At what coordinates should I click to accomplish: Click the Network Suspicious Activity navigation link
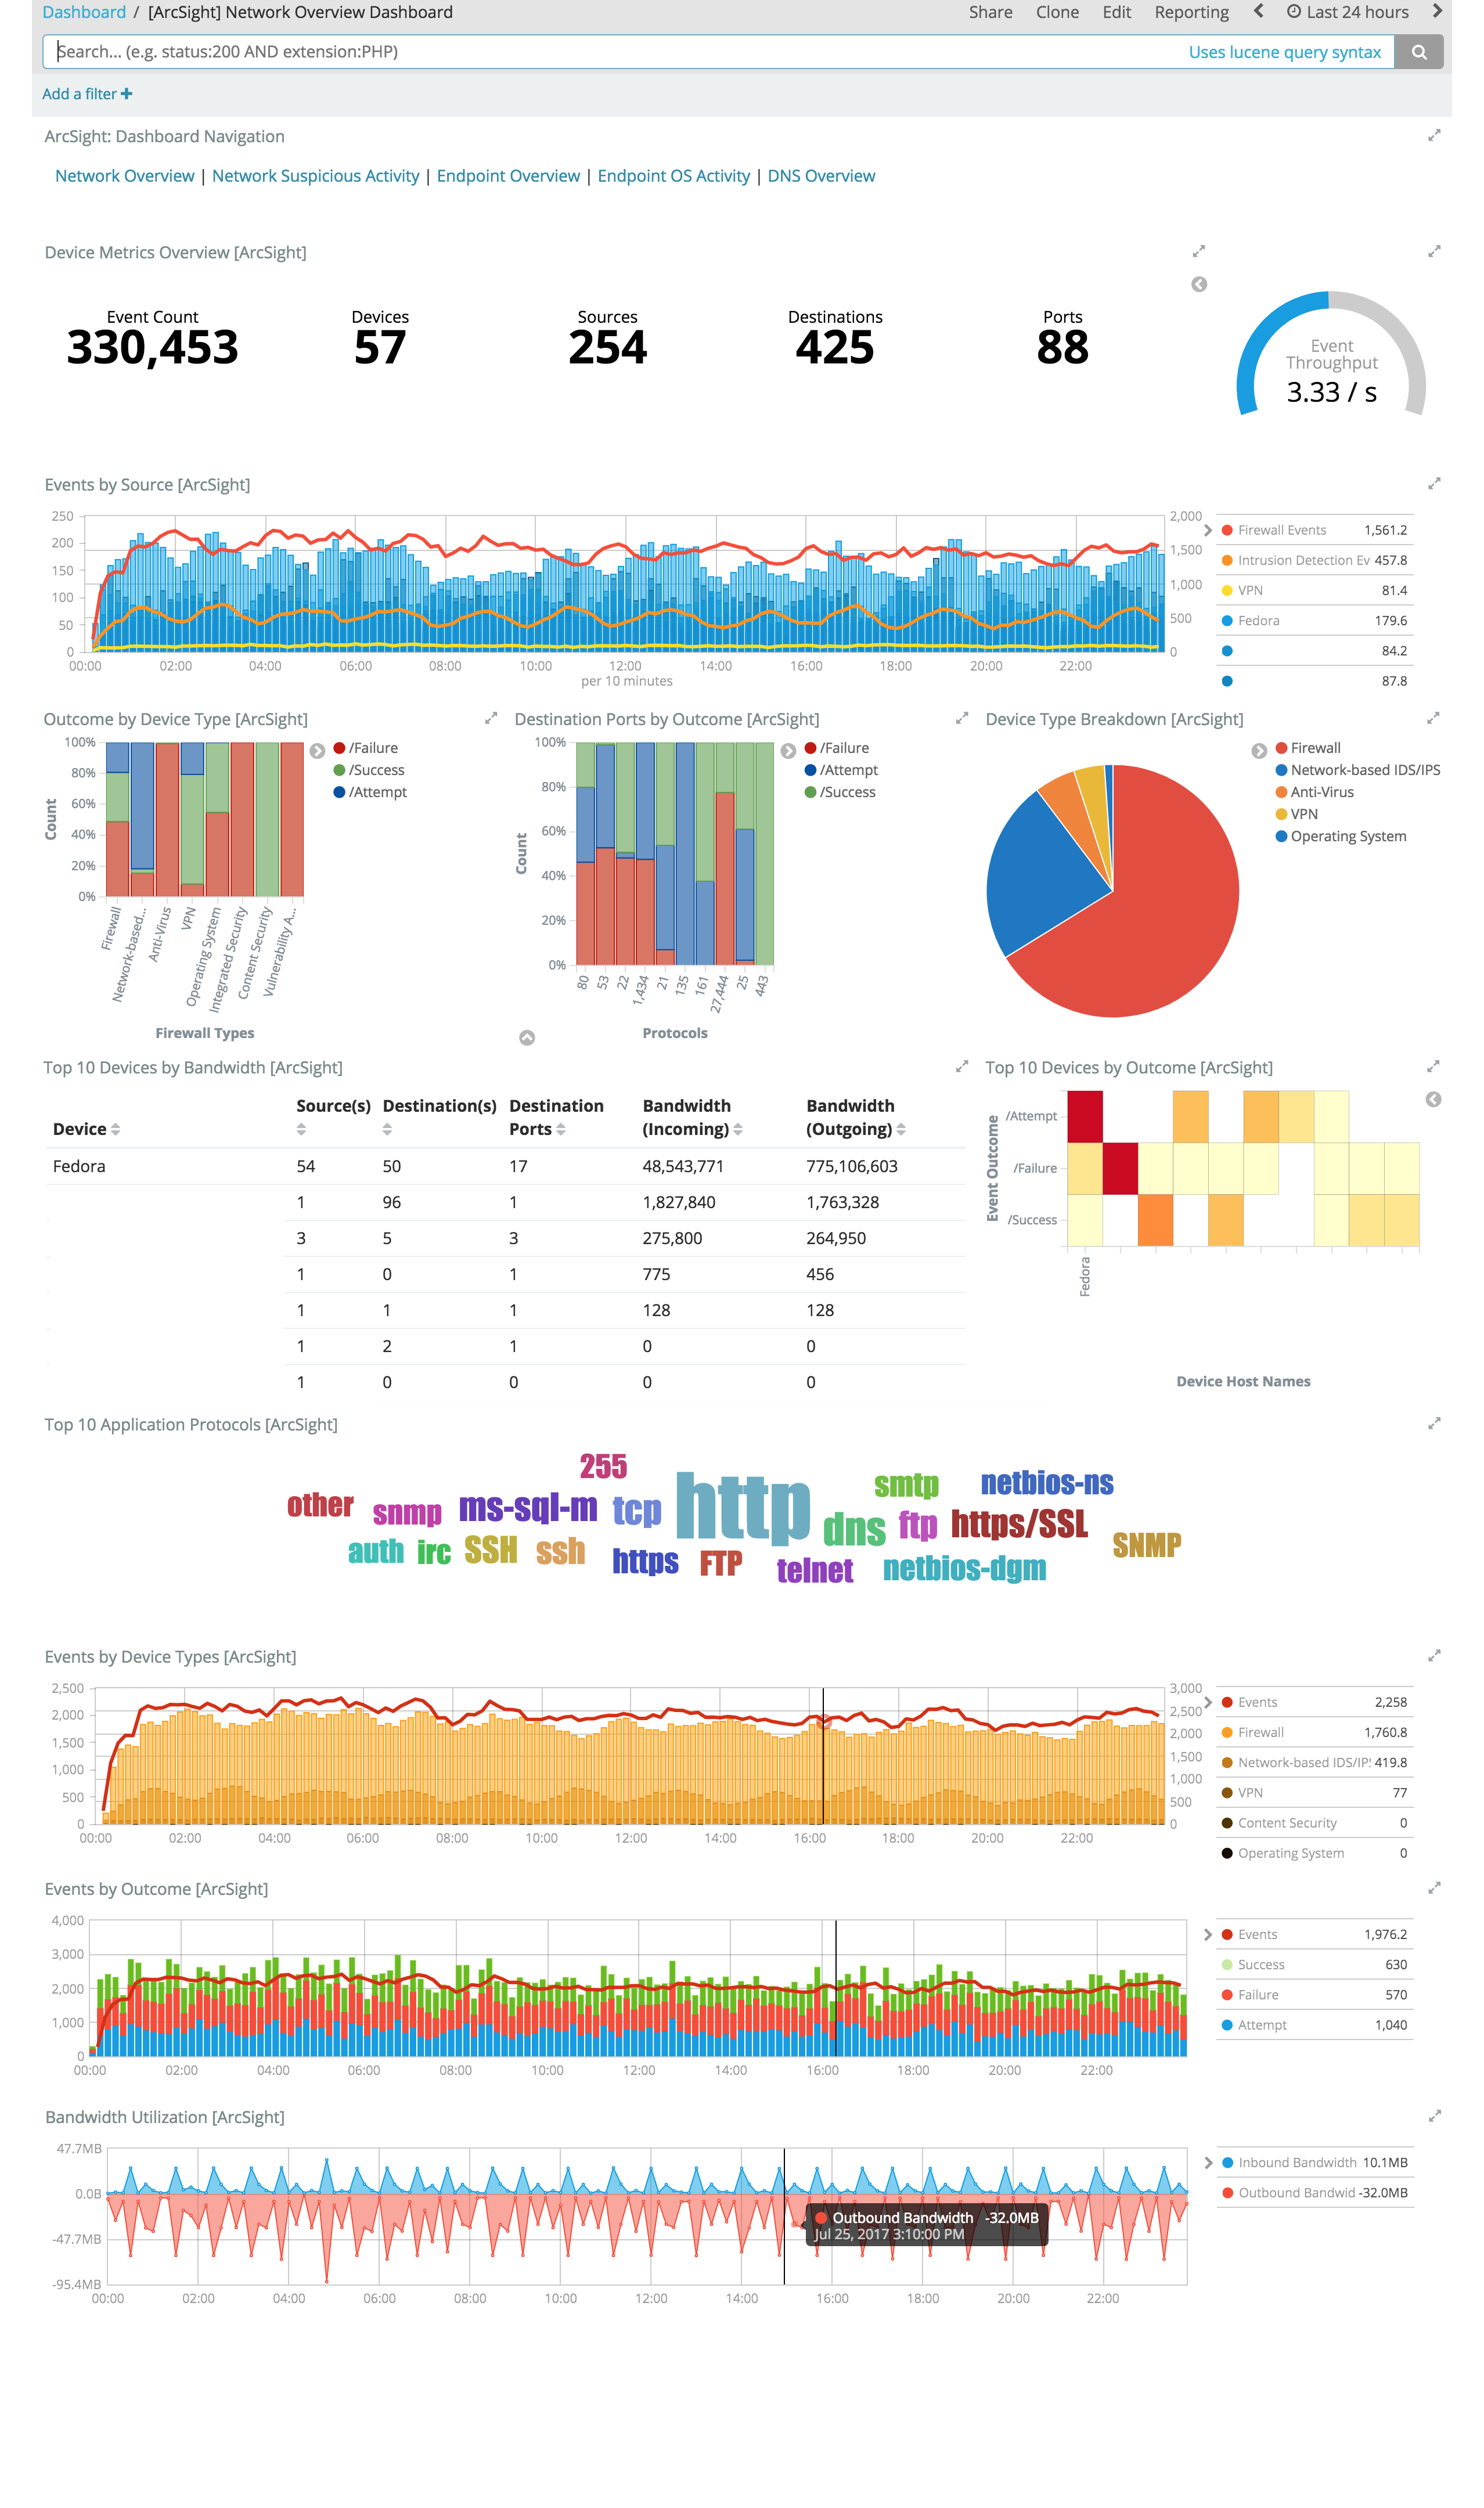point(315,176)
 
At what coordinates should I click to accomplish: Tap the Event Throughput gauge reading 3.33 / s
point(1331,392)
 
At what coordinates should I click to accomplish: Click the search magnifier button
point(1418,52)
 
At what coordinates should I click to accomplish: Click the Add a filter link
point(87,94)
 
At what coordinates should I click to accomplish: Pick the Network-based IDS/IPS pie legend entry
point(1364,770)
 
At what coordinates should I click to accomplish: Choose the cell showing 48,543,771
point(683,1166)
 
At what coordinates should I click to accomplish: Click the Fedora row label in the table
point(79,1166)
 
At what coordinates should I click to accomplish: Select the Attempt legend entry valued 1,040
point(1263,2025)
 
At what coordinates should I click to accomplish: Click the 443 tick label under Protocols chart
point(762,986)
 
